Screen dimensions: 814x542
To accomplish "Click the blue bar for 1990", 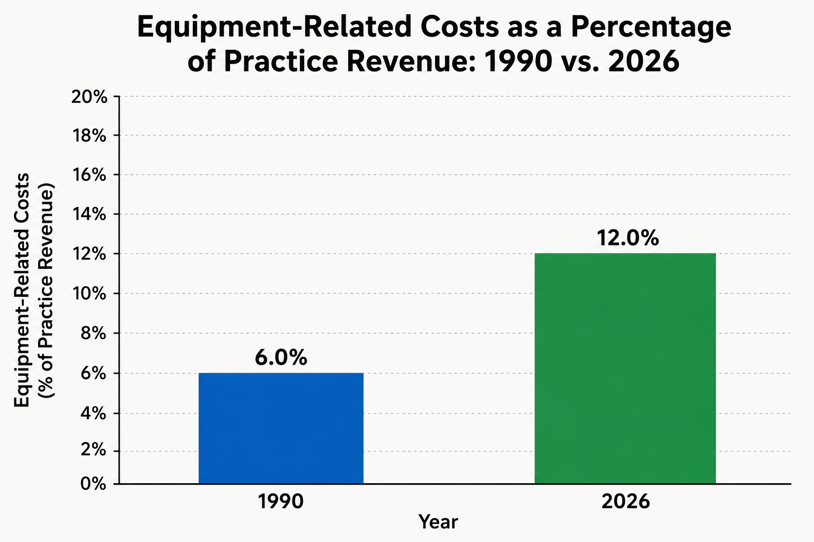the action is pos(281,428).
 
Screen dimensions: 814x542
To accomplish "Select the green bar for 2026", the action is pos(625,368).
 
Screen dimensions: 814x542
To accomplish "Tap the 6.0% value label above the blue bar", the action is pos(281,358).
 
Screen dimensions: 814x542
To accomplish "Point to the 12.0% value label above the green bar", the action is pos(627,238).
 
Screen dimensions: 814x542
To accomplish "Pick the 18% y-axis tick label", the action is pos(90,136).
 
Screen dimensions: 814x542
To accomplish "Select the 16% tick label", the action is pos(90,175).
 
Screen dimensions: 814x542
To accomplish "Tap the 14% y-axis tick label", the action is pos(90,214).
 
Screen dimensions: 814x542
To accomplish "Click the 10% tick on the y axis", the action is pos(90,294).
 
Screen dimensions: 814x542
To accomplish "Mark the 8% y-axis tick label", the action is pos(93,333).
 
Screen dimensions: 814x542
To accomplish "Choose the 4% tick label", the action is pos(93,413).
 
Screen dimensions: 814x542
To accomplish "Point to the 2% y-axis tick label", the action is pos(93,451).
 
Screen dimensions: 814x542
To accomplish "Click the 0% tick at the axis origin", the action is pos(93,484).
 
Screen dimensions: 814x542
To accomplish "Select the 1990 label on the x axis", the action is pos(280,502).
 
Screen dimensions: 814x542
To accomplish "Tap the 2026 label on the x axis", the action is pos(625,502).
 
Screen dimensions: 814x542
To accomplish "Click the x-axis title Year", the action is pos(438,522).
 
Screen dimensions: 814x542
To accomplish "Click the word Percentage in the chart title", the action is pos(651,28).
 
